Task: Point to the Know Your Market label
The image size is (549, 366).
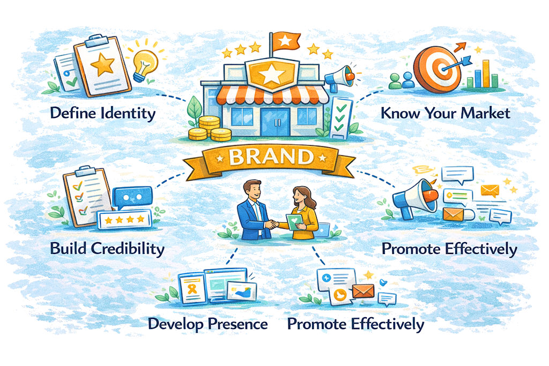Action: [x=445, y=114]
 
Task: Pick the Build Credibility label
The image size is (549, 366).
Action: [x=107, y=249]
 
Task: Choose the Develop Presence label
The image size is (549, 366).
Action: [x=207, y=324]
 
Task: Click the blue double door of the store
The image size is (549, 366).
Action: [x=274, y=121]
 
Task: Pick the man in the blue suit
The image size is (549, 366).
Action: [x=251, y=206]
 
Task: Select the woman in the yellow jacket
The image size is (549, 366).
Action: [x=303, y=209]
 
